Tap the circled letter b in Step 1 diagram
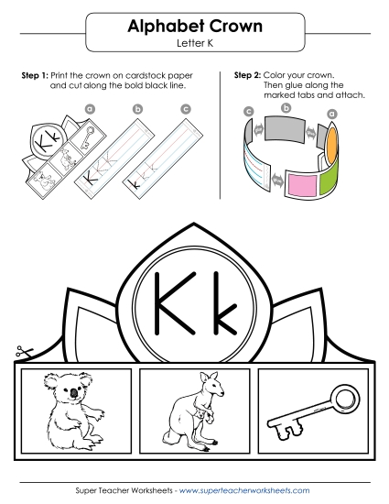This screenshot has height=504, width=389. [138, 109]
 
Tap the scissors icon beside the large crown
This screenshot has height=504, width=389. [19, 352]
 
